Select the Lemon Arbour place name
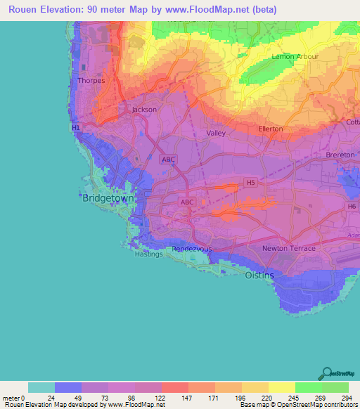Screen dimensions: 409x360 (296, 56)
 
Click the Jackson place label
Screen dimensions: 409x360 (145, 110)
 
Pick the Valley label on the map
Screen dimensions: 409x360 (216, 133)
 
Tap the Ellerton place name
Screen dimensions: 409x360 (271, 129)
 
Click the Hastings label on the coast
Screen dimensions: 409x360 (148, 254)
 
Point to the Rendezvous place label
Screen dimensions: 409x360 (192, 249)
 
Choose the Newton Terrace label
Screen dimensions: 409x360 (289, 249)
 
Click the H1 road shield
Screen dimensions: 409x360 (76, 128)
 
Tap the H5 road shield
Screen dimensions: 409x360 (250, 182)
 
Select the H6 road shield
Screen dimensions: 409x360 (352, 206)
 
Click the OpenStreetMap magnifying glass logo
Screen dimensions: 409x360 (326, 373)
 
